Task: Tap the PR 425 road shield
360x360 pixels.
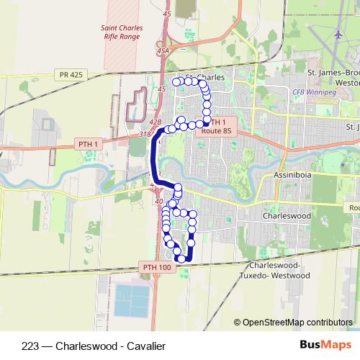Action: point(66,74)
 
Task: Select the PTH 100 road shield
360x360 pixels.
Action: point(154,267)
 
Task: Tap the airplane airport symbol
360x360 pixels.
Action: point(340,35)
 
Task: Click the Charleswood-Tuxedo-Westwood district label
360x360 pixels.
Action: point(276,270)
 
